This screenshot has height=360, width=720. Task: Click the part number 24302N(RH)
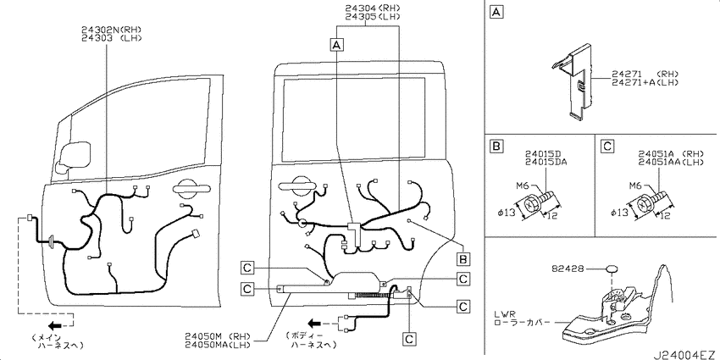point(112,30)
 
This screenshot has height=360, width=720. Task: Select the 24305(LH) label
point(373,17)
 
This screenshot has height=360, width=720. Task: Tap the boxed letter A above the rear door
point(337,45)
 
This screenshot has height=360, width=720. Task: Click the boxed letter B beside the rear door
point(463,259)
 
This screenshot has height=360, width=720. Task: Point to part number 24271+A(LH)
point(645,82)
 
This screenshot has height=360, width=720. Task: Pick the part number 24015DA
point(546,161)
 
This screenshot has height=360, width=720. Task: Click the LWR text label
point(504,313)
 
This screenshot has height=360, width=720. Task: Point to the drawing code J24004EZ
point(685,354)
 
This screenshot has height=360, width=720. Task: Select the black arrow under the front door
point(55,326)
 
